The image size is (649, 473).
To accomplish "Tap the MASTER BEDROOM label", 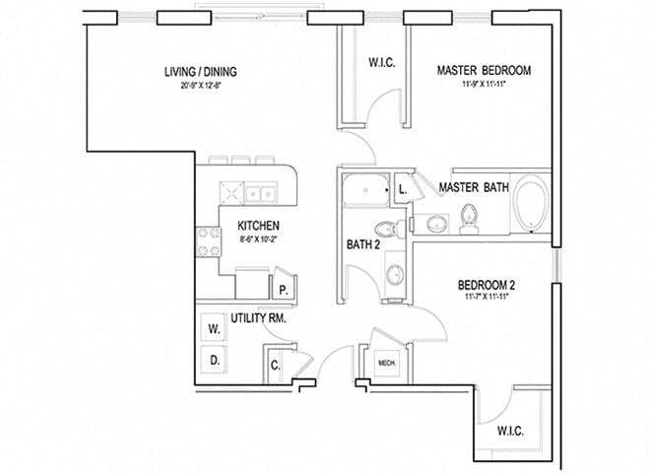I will tap(484, 71).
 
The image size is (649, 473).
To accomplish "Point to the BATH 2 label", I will tap(362, 244).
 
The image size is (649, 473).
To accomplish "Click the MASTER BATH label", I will tap(474, 187).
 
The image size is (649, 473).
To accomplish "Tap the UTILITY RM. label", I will tap(259, 318).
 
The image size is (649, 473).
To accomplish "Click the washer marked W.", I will tap(214, 330).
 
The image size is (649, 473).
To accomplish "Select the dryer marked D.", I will tap(214, 360).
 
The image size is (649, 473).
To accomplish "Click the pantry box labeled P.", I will tap(283, 290).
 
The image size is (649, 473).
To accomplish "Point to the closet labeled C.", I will tap(275, 366).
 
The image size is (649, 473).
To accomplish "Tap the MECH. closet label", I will tap(387, 364).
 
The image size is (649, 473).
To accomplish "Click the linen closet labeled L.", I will tap(402, 189).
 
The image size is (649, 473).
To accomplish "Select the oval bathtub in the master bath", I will tap(532, 204).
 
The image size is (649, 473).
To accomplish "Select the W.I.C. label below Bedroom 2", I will tap(510, 431).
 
